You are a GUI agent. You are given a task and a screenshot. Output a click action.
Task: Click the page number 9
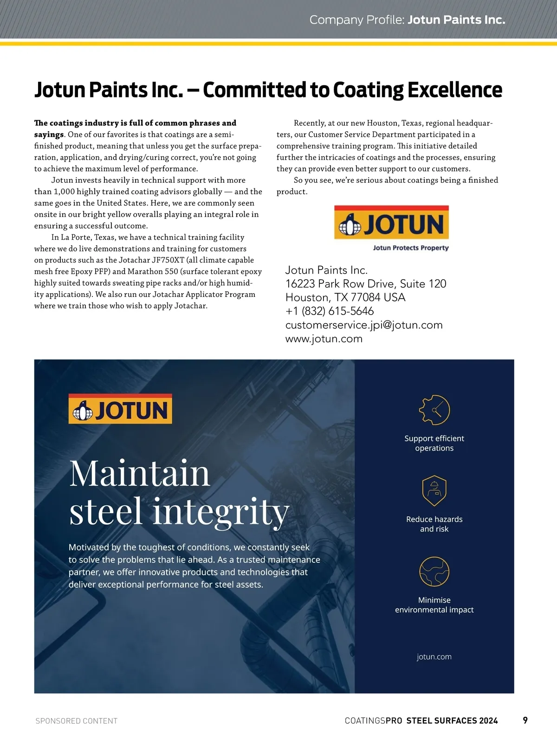click(525, 720)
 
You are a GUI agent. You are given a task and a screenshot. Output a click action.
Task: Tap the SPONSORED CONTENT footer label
click(77, 721)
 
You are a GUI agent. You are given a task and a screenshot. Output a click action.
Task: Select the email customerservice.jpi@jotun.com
click(364, 325)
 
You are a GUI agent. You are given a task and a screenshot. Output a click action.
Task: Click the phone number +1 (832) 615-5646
click(330, 311)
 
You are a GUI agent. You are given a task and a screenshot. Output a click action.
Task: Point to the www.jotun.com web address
click(324, 339)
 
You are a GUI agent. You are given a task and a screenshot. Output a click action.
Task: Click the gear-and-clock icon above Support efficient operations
click(434, 410)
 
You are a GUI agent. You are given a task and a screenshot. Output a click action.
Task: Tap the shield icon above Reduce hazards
click(434, 491)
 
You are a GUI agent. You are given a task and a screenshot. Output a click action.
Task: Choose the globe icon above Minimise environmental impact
click(434, 572)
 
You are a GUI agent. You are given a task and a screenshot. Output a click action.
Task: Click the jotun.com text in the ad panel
click(434, 656)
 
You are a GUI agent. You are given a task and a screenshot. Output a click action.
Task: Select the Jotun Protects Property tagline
click(411, 248)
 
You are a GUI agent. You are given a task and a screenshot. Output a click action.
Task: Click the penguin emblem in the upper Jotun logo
click(350, 225)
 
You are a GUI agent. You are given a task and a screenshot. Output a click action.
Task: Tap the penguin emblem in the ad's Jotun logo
click(83, 411)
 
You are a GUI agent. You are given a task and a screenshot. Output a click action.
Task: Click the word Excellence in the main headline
click(454, 90)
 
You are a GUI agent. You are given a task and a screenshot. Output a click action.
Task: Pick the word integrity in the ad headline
click(221, 511)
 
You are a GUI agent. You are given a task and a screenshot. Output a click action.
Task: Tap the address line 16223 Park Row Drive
click(366, 283)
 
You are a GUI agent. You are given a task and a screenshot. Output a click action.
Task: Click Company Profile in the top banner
click(357, 20)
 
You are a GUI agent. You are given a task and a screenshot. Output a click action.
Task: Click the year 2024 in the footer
click(488, 720)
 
